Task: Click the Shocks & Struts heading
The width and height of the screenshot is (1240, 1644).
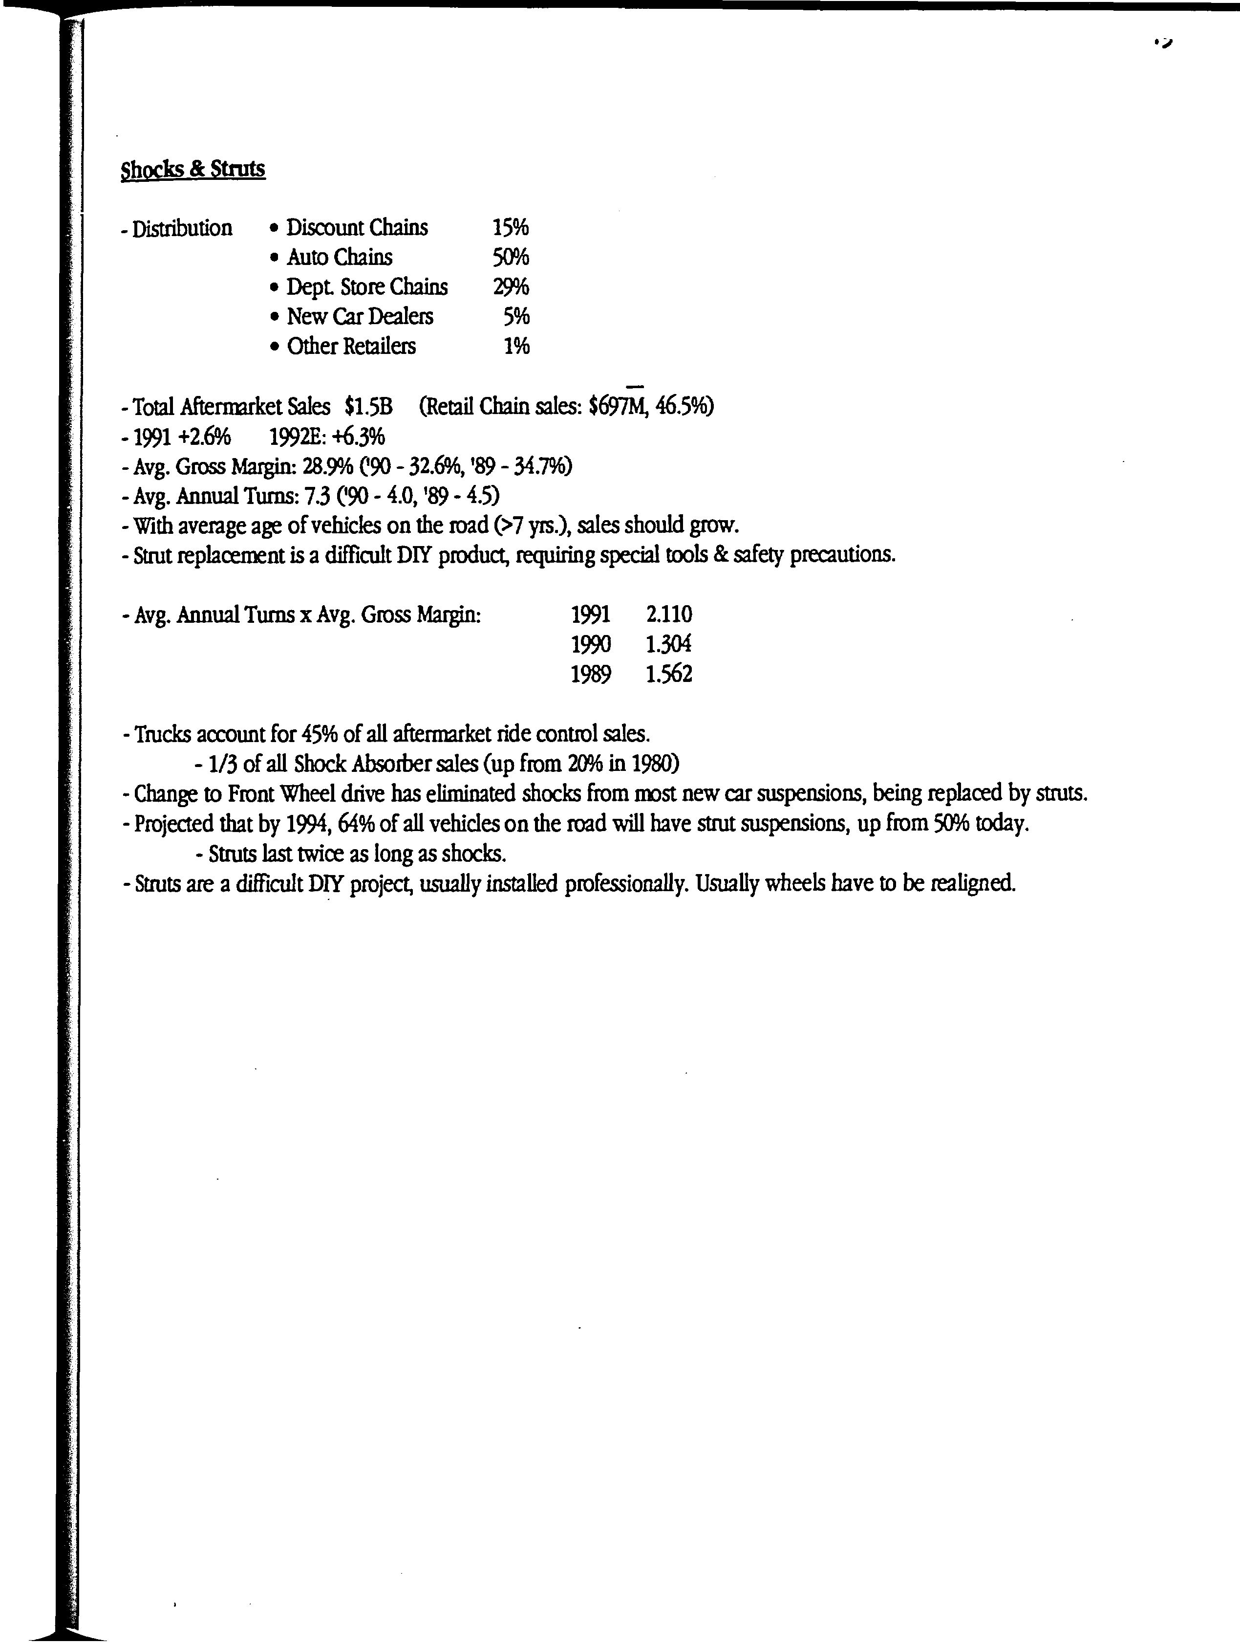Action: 192,170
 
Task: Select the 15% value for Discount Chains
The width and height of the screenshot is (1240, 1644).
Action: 511,227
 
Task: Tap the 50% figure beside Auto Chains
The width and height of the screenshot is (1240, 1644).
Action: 511,257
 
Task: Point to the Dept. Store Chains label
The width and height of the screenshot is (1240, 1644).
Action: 367,287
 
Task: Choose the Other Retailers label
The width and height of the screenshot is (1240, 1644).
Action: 351,346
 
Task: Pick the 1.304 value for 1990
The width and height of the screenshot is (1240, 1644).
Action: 669,644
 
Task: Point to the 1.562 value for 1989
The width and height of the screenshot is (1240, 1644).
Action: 669,674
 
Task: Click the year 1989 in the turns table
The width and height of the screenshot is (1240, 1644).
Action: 591,674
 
